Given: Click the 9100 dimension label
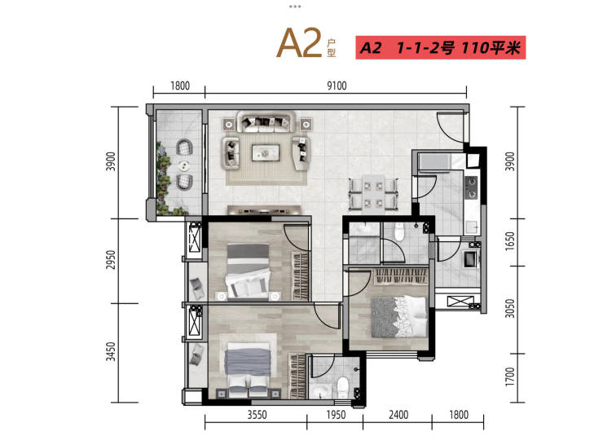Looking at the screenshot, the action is pos(337,86).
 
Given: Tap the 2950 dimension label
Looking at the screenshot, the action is pos(111,260).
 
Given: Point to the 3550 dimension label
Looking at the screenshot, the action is pos(257,415).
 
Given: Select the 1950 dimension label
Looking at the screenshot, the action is pos(336,415).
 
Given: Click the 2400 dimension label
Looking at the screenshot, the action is pos(398,415).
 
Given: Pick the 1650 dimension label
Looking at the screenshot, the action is pos(509,241).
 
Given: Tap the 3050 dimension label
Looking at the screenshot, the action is pos(509,308).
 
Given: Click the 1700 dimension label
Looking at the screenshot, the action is pos(509,377).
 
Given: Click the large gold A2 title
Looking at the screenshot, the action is pos(299,43).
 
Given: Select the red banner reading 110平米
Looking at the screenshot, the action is pos(440,48).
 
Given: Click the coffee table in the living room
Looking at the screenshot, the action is pos(266,153).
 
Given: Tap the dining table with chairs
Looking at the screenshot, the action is pos(373,194).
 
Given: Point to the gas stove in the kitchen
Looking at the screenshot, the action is pos(471,187).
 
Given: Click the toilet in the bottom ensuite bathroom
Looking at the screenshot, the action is pos(342,388).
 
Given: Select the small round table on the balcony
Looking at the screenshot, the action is pos(185,165).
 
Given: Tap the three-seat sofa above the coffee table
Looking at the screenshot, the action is pos(266,122).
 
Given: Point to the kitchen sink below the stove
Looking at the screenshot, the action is pos(473,227).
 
